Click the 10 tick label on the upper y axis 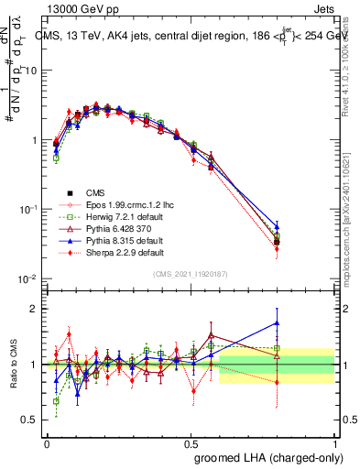coord(29,71)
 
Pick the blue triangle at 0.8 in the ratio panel coord(277,322)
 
